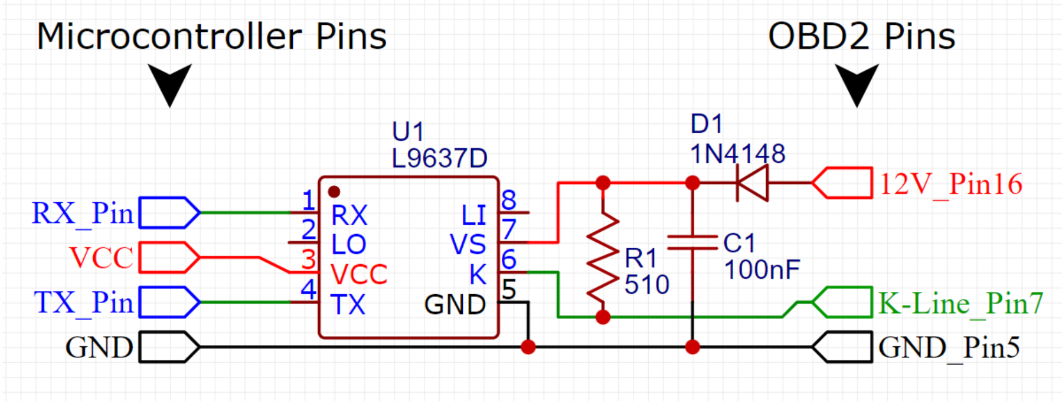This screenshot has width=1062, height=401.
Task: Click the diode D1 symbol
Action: [x=753, y=183]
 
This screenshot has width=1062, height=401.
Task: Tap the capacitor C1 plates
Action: [x=692, y=243]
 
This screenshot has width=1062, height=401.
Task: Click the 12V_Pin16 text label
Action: [x=950, y=184]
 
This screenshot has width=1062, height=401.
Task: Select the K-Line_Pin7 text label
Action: [x=960, y=303]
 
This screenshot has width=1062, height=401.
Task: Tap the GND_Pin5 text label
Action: [x=949, y=347]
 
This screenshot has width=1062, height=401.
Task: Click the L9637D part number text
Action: [x=439, y=158]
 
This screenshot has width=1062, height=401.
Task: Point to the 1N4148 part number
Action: [x=738, y=154]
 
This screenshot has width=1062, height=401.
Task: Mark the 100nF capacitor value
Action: [x=762, y=269]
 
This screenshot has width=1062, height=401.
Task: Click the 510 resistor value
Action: [x=647, y=285]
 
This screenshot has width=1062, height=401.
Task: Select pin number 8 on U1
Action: [x=508, y=200]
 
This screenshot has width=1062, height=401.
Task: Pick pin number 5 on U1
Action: [x=508, y=290]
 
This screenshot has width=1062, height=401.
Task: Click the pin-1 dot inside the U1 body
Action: [x=334, y=192]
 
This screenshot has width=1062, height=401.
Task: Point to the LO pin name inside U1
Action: [x=348, y=244]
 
